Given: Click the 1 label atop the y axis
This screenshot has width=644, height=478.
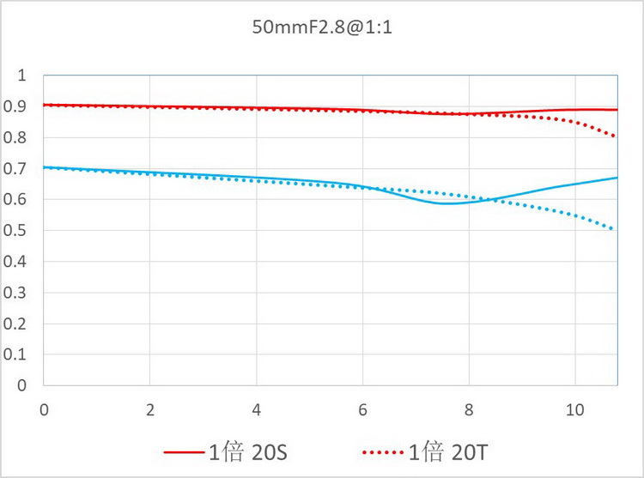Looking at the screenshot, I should [23, 76].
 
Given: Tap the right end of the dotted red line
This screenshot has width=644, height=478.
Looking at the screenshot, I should [615, 136].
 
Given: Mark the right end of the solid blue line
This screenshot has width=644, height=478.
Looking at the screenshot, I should [617, 178].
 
